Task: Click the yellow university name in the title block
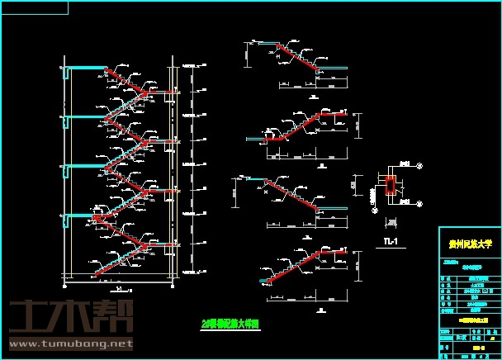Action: coord(468,244)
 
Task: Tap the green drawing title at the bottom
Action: coord(232,324)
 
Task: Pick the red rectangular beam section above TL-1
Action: coord(390,189)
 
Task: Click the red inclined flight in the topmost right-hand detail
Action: coord(296,57)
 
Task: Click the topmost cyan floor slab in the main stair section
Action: coord(85,69)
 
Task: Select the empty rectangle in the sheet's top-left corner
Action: coord(35,7)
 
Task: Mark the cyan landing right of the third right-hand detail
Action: coord(334,210)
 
